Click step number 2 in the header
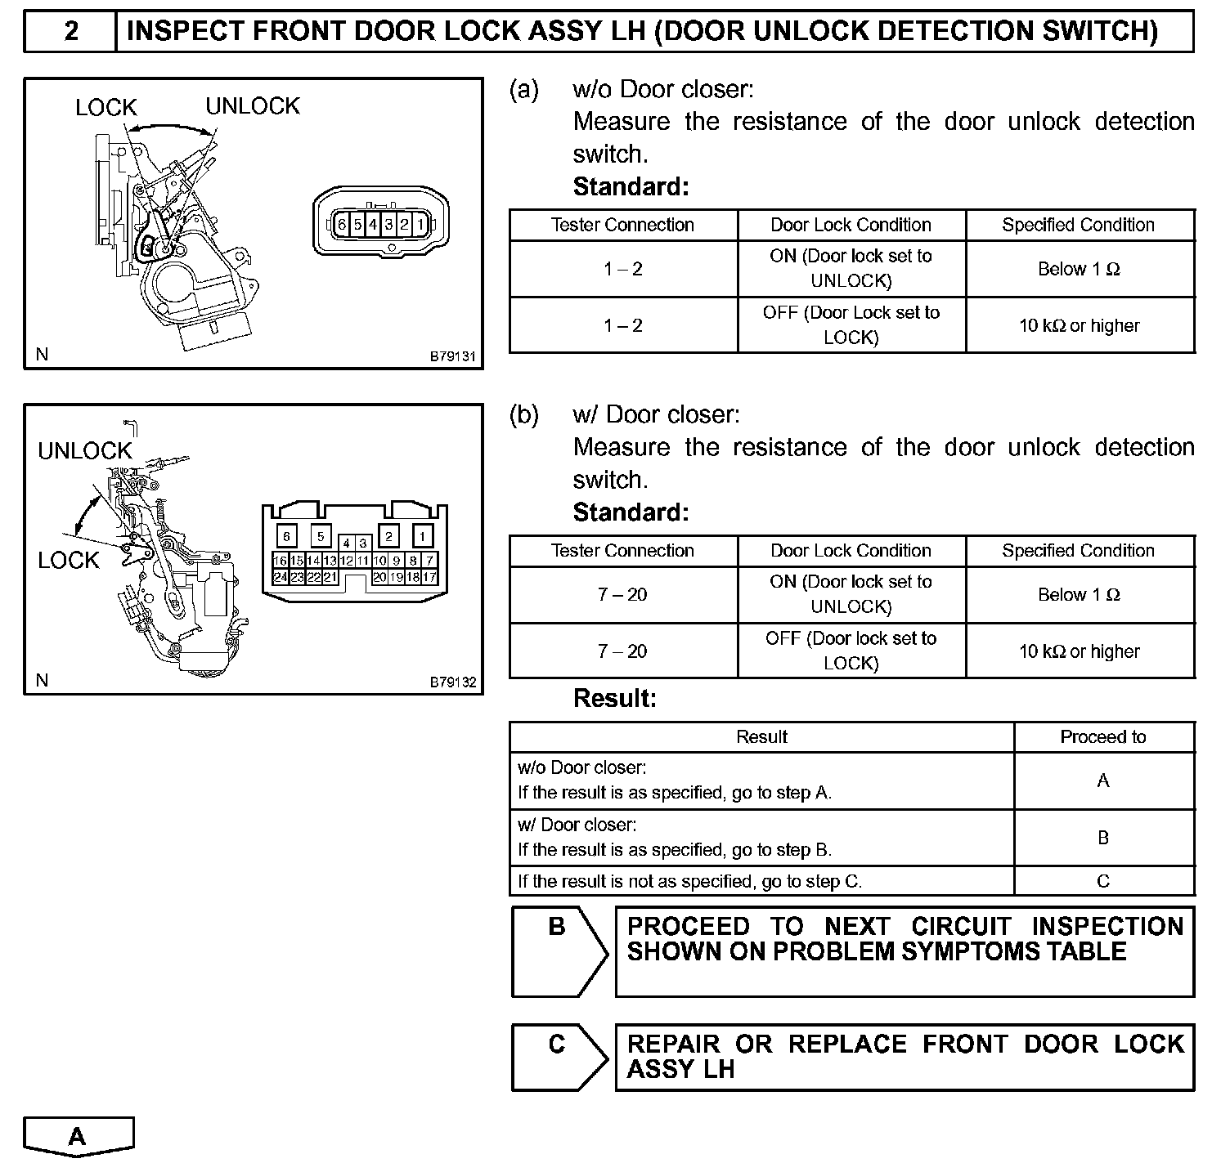click(x=71, y=32)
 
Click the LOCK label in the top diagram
click(x=105, y=107)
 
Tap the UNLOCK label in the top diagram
click(x=252, y=106)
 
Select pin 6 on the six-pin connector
click(x=342, y=224)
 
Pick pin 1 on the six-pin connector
click(x=420, y=224)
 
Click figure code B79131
click(x=452, y=356)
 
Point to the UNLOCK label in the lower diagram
click(x=84, y=450)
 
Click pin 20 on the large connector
click(x=379, y=577)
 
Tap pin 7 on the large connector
click(x=430, y=561)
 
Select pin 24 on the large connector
click(x=280, y=577)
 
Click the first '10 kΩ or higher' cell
click(x=1080, y=325)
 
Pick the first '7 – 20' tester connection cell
click(x=622, y=595)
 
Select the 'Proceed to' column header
click(x=1103, y=737)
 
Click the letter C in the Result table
click(x=1103, y=881)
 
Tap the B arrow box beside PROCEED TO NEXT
click(x=559, y=951)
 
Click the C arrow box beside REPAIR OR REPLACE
click(x=559, y=1057)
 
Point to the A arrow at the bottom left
click(x=78, y=1137)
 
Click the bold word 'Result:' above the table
click(x=615, y=699)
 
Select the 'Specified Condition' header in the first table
click(x=1079, y=225)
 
